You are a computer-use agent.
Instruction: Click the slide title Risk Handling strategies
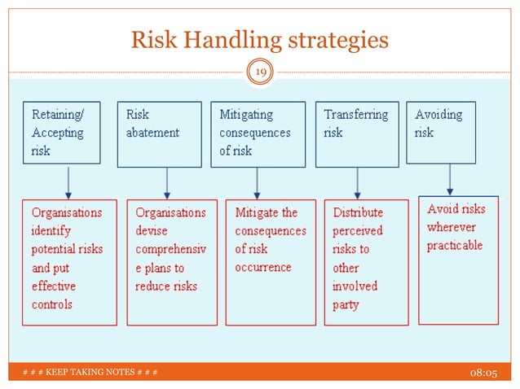(260, 40)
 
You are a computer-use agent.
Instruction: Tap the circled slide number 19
(260, 74)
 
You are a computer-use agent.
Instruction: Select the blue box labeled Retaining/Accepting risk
(61, 133)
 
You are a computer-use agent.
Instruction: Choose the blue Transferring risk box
(356, 133)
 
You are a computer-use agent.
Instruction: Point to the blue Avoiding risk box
(441, 132)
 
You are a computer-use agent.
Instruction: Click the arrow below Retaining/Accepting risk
(68, 182)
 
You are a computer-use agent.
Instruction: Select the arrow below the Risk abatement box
(166, 182)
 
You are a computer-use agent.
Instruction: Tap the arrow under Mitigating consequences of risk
(257, 182)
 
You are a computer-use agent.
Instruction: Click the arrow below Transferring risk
(357, 182)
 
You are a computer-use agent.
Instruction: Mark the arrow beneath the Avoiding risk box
(450, 179)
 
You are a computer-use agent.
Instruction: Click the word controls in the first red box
(52, 304)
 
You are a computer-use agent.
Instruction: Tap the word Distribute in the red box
(358, 212)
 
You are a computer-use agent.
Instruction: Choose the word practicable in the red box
(455, 245)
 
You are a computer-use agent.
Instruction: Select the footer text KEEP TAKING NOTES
(90, 373)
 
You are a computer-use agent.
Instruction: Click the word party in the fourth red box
(346, 304)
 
